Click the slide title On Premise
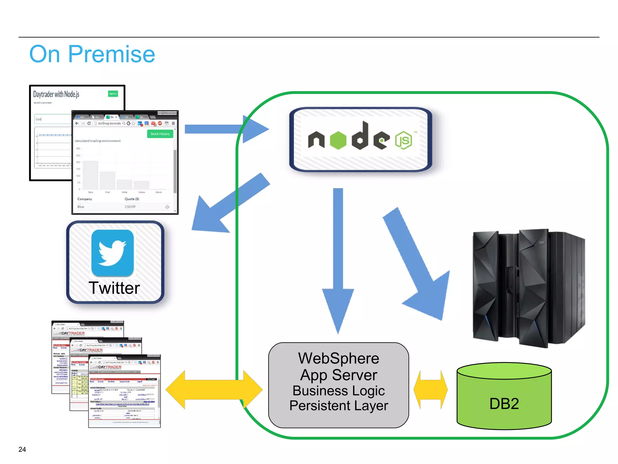pyautogui.click(x=92, y=54)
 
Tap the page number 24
pyautogui.click(x=22, y=449)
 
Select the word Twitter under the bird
pyautogui.click(x=114, y=288)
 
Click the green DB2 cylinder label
pyautogui.click(x=504, y=404)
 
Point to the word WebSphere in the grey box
pyautogui.click(x=339, y=359)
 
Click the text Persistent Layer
pyautogui.click(x=339, y=406)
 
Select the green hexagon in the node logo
pyautogui.click(x=338, y=140)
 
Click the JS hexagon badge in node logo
pyautogui.click(x=403, y=140)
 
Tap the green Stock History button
pyautogui.click(x=160, y=134)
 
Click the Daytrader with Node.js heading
pyautogui.click(x=56, y=94)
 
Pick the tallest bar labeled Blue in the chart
pyautogui.click(x=91, y=175)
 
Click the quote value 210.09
pyautogui.click(x=130, y=207)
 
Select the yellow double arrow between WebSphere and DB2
pyautogui.click(x=431, y=390)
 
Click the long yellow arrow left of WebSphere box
pyautogui.click(x=214, y=390)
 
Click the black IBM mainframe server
pyautogui.click(x=528, y=288)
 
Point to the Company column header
pyautogui.click(x=84, y=199)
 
